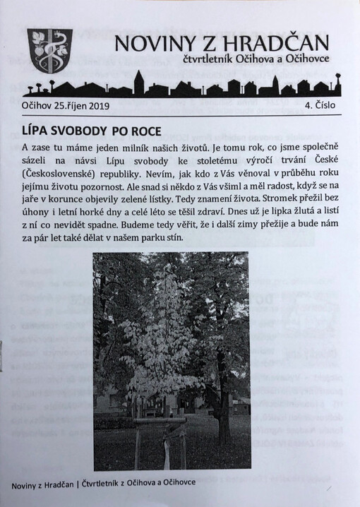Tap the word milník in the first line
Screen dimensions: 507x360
click(x=150, y=148)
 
